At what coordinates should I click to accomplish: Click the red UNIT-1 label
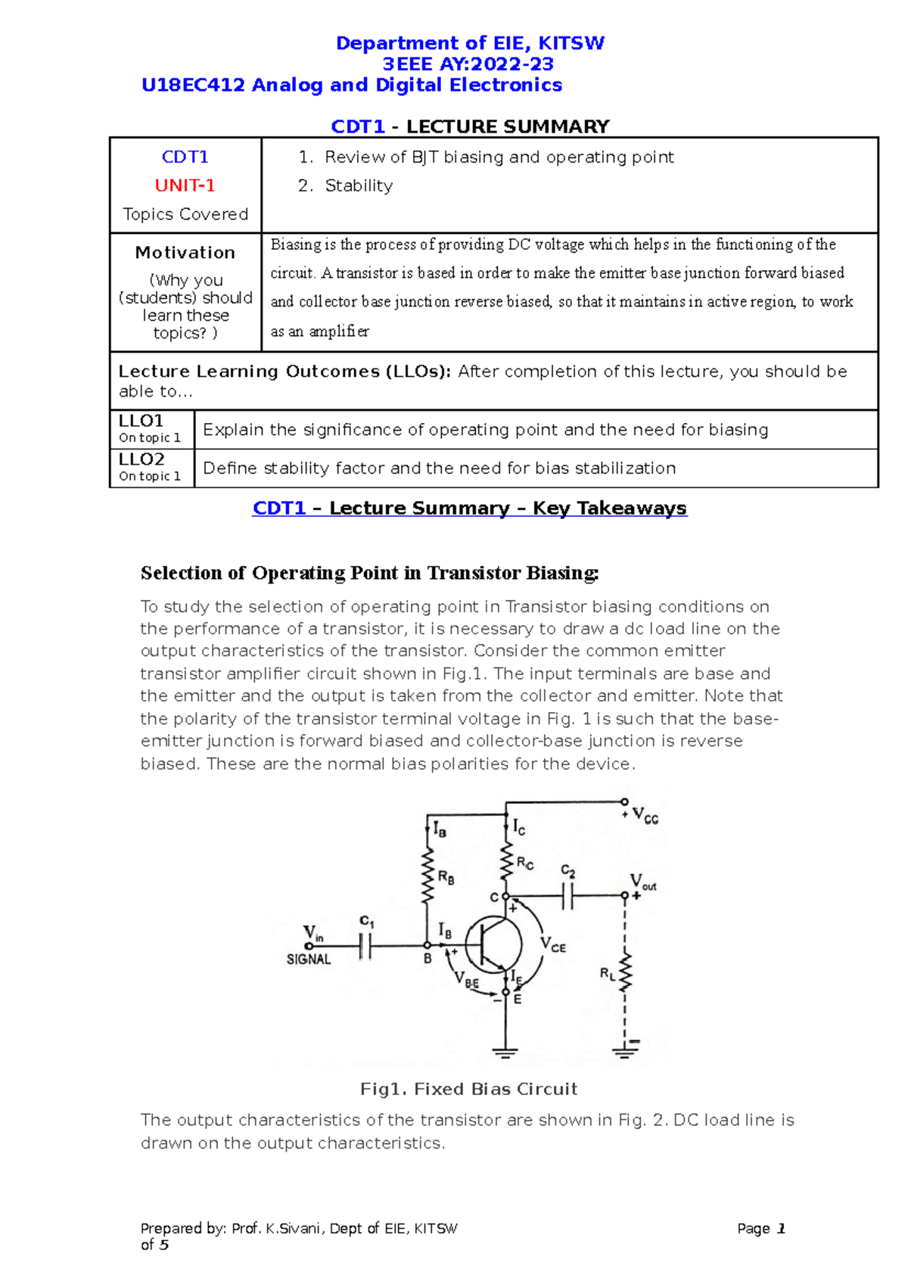[185, 185]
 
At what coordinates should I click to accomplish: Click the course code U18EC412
[193, 85]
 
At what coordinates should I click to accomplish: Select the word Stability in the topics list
[359, 185]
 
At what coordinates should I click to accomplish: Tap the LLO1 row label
[141, 421]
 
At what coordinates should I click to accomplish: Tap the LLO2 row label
[141, 459]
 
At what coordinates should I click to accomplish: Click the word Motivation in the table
[185, 252]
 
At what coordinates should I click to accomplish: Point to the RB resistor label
[446, 878]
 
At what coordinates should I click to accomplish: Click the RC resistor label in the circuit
[524, 863]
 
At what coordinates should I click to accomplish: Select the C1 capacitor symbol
[365, 945]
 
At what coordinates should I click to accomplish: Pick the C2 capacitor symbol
[568, 897]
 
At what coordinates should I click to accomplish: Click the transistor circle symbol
[493, 944]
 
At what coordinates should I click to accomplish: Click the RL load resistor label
[607, 974]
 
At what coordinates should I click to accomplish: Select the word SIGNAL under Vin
[309, 960]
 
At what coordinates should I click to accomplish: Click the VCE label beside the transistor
[552, 944]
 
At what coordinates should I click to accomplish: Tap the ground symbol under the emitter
[505, 1052]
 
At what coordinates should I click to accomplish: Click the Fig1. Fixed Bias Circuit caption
[469, 1089]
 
